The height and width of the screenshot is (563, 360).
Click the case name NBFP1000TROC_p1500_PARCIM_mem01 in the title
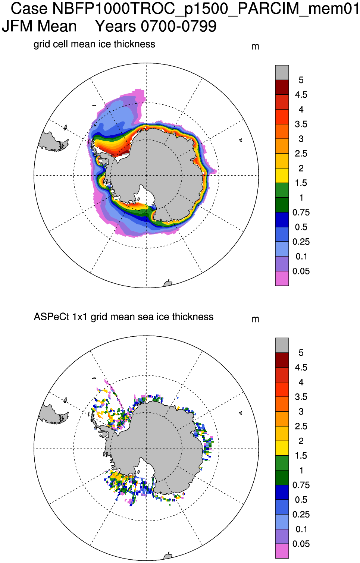click(x=206, y=9)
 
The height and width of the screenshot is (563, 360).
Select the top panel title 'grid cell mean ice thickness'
click(x=94, y=44)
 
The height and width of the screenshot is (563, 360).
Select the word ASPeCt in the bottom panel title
click(x=51, y=317)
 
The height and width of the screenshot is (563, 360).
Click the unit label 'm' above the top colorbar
click(x=255, y=47)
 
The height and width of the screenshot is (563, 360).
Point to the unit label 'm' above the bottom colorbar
click(x=255, y=319)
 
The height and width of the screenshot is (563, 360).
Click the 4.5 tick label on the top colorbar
click(x=301, y=95)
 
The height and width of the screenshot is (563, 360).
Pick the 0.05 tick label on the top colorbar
click(x=301, y=271)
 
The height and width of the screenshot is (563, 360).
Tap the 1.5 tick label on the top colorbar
click(x=301, y=183)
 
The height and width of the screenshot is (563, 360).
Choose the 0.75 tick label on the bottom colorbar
click(x=301, y=485)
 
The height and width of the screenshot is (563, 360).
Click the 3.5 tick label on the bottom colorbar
click(x=301, y=397)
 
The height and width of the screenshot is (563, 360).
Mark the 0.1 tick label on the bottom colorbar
click(x=301, y=529)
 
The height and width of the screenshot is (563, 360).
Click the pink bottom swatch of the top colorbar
click(x=282, y=278)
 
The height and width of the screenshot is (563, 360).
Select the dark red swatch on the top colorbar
click(x=282, y=87)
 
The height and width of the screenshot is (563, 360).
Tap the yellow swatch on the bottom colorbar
click(x=282, y=448)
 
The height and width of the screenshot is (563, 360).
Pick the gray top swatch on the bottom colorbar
click(x=282, y=345)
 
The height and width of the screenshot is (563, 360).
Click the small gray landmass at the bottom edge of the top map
click(x=168, y=283)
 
